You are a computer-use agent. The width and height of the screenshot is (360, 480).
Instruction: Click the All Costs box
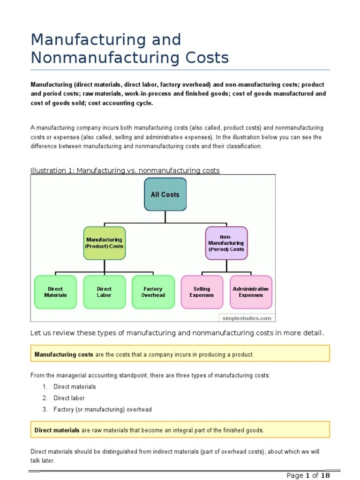[x=165, y=194]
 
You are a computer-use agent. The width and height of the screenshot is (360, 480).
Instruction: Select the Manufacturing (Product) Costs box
[x=104, y=243]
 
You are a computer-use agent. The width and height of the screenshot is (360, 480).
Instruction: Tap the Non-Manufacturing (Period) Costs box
[x=226, y=243]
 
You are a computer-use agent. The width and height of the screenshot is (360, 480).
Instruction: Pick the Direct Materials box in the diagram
[x=55, y=292]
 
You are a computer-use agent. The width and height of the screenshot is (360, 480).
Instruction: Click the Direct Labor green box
[x=104, y=292]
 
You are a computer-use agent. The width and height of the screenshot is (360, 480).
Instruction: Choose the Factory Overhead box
[x=153, y=292]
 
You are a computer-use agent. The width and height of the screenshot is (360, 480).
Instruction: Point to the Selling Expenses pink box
[x=202, y=292]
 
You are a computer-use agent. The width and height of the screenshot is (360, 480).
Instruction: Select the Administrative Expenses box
[x=251, y=292]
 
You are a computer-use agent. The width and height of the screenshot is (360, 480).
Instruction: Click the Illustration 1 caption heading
[x=125, y=171]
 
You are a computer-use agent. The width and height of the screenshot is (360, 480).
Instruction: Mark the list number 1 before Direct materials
[x=45, y=387]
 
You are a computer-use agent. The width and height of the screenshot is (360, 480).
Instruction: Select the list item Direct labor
[x=69, y=398]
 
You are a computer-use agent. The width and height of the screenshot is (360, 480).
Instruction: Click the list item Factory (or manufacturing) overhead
[x=103, y=409]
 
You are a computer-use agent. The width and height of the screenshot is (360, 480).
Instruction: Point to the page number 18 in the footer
[x=325, y=475]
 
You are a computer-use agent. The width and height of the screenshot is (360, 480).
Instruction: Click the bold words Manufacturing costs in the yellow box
[x=64, y=354]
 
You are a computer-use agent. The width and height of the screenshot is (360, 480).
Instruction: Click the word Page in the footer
[x=295, y=475]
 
